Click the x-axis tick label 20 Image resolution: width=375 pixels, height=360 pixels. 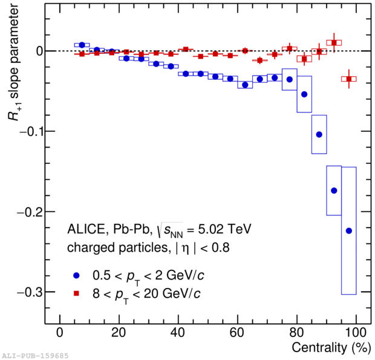pyautogui.click(x=119, y=333)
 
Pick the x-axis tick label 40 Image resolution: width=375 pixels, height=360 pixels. pyautogui.click(x=178, y=333)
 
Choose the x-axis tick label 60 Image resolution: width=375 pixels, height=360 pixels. pyautogui.click(x=238, y=333)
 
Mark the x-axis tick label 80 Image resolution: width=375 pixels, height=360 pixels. pyautogui.click(x=297, y=333)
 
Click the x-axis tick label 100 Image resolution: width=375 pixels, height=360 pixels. pyautogui.click(x=356, y=333)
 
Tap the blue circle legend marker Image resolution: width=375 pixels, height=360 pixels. pyautogui.click(x=76, y=276)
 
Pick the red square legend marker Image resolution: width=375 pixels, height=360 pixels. pyautogui.click(x=76, y=293)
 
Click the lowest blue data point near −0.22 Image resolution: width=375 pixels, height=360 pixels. pyautogui.click(x=349, y=231)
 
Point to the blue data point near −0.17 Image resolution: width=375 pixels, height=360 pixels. pyautogui.click(x=334, y=191)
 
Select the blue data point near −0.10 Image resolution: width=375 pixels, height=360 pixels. pyautogui.click(x=319, y=134)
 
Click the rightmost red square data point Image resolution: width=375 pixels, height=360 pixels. pyautogui.click(x=349, y=79)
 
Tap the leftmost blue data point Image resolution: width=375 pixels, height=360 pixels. pyautogui.click(x=82, y=45)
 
